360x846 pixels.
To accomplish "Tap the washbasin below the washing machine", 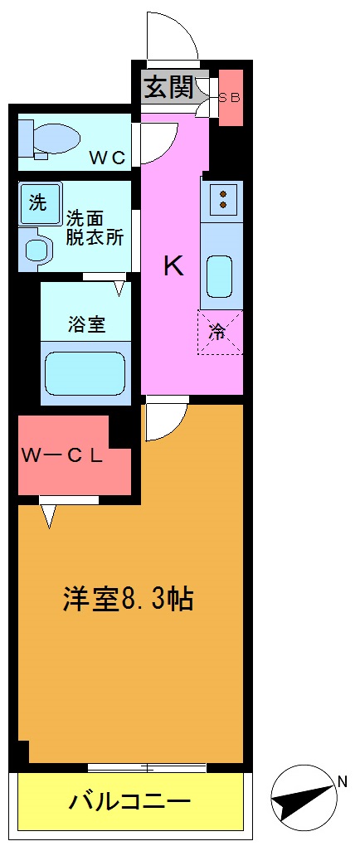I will click(x=36, y=248).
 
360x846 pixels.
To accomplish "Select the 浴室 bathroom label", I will click(x=86, y=324).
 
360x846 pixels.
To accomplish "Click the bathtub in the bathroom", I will click(x=85, y=375).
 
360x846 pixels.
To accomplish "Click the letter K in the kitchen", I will click(x=173, y=266).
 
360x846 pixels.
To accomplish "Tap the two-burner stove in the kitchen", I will click(x=222, y=197).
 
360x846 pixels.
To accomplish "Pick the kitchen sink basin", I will click(x=220, y=276).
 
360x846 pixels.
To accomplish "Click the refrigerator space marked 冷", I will click(x=219, y=333).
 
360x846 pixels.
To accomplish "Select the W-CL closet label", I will click(x=62, y=455).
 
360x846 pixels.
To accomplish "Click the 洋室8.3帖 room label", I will click(x=128, y=599).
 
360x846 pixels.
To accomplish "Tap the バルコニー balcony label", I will click(x=130, y=802).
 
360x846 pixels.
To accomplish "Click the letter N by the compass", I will click(x=341, y=780).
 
